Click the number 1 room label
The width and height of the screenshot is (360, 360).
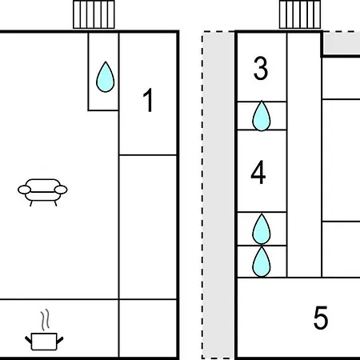(x=148, y=100)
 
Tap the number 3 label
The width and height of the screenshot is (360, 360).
(x=261, y=68)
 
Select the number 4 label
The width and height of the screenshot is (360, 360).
(x=258, y=172)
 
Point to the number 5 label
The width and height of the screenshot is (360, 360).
(x=321, y=318)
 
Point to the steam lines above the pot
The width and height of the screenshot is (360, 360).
(x=46, y=320)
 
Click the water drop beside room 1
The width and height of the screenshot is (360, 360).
(x=106, y=77)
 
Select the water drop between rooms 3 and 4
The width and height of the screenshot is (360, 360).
(x=262, y=116)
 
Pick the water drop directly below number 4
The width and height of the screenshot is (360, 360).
(x=262, y=229)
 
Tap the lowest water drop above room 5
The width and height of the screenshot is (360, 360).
(x=262, y=262)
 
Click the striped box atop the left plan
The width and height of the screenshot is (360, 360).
(x=94, y=14)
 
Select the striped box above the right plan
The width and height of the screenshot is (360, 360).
(x=300, y=14)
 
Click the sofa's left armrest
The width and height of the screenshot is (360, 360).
(x=24, y=190)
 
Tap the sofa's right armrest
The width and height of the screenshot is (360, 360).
(x=61, y=190)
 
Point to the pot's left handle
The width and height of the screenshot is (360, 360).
(x=28, y=340)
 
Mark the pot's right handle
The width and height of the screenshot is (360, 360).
(x=60, y=341)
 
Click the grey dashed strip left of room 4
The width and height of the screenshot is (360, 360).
(x=218, y=194)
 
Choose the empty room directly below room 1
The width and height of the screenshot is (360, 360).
(x=148, y=227)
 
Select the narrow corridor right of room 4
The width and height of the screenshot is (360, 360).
(x=304, y=154)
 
